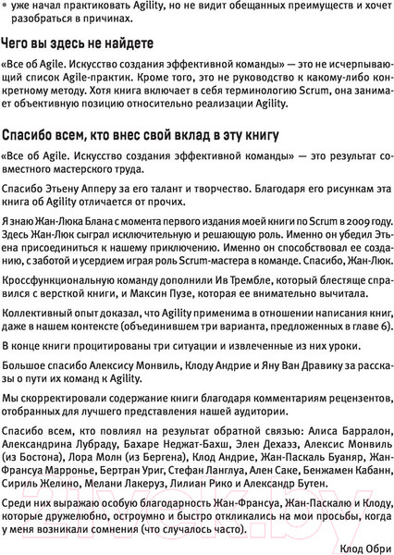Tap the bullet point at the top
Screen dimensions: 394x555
pos(7,8)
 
